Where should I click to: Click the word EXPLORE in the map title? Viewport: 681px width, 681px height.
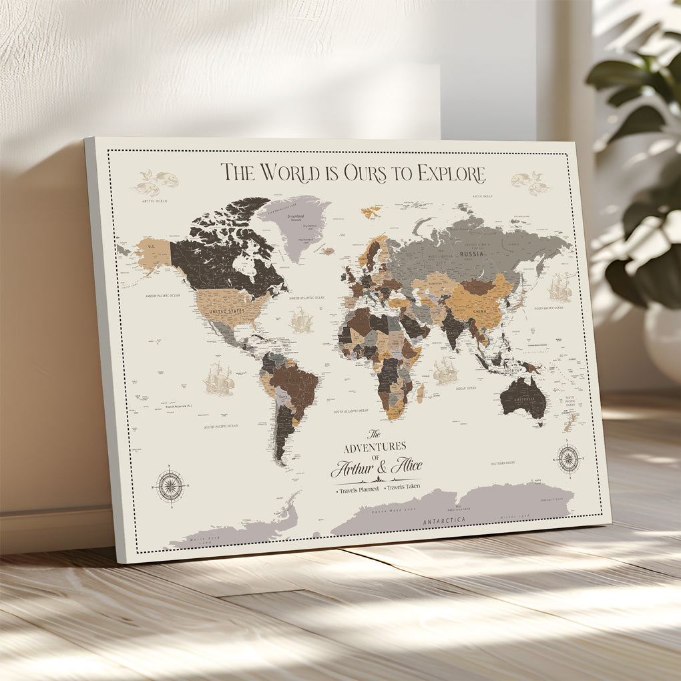point(451,174)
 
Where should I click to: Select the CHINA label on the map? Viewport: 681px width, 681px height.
point(479,310)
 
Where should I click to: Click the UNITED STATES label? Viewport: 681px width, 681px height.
point(227,311)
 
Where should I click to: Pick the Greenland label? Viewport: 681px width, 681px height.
point(295,216)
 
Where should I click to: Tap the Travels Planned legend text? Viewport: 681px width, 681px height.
point(359,489)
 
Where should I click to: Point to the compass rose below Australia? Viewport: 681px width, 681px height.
point(568,458)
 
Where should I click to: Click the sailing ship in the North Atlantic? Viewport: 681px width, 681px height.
point(301,321)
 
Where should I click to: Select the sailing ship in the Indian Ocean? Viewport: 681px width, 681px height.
point(445,371)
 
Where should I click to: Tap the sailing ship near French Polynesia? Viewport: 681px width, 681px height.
point(219,379)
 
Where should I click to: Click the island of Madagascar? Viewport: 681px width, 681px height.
point(421,393)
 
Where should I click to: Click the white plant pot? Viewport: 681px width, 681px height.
point(662,340)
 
